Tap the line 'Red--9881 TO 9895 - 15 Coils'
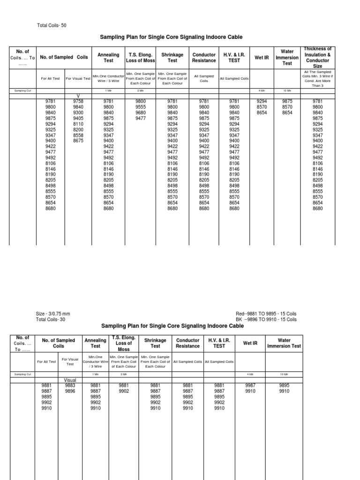(x=266, y=314)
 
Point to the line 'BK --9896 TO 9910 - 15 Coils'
(x=266, y=319)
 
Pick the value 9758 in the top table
(x=78, y=101)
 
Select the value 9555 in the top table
(x=141, y=107)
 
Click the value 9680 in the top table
(x=141, y=112)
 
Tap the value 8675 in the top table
(x=78, y=141)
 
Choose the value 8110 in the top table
(x=78, y=124)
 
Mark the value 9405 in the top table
(x=78, y=118)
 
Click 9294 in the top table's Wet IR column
(x=262, y=101)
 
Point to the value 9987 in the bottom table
(x=250, y=385)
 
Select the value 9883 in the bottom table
(x=70, y=385)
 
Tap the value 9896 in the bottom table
(x=70, y=391)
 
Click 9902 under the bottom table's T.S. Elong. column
(x=124, y=391)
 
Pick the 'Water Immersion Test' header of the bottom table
(x=284, y=343)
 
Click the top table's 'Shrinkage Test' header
(x=172, y=57)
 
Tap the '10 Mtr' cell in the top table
(x=287, y=90)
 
